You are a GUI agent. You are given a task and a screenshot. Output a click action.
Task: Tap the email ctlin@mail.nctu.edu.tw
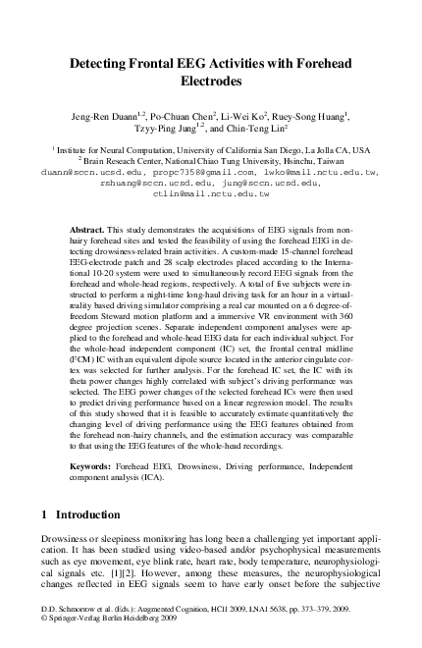[212, 194]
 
